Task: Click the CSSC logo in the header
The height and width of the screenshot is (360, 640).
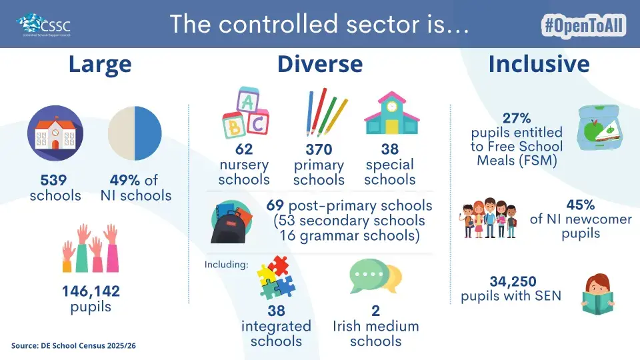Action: pyautogui.click(x=44, y=25)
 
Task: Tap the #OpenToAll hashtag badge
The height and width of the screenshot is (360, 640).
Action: pyautogui.click(x=584, y=26)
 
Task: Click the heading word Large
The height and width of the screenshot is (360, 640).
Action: pyautogui.click(x=100, y=65)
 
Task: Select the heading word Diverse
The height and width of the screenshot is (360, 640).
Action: pyautogui.click(x=320, y=64)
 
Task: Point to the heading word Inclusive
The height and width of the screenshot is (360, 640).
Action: pyautogui.click(x=539, y=64)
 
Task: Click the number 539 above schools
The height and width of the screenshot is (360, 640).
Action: pyautogui.click(x=53, y=180)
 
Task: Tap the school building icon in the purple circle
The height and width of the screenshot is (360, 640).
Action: pyautogui.click(x=55, y=133)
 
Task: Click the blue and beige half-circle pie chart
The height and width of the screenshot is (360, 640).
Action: pyautogui.click(x=135, y=133)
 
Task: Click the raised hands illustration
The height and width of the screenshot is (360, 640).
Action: pyautogui.click(x=91, y=248)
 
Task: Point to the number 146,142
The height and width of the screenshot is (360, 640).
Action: pyautogui.click(x=91, y=291)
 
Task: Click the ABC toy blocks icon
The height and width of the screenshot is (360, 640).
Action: pyautogui.click(x=245, y=111)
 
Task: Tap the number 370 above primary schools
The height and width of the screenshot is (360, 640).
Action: pyautogui.click(x=319, y=149)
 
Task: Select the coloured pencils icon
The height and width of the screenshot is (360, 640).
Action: pyautogui.click(x=327, y=112)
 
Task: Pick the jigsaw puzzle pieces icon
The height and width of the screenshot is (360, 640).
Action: pyautogui.click(x=276, y=277)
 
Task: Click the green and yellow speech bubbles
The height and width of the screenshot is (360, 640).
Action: pyautogui.click(x=375, y=276)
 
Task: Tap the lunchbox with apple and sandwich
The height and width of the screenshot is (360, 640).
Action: pyautogui.click(x=599, y=127)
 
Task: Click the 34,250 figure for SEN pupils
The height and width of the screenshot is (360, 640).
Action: pyautogui.click(x=513, y=281)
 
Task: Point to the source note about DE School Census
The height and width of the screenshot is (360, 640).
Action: pyautogui.click(x=73, y=346)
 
